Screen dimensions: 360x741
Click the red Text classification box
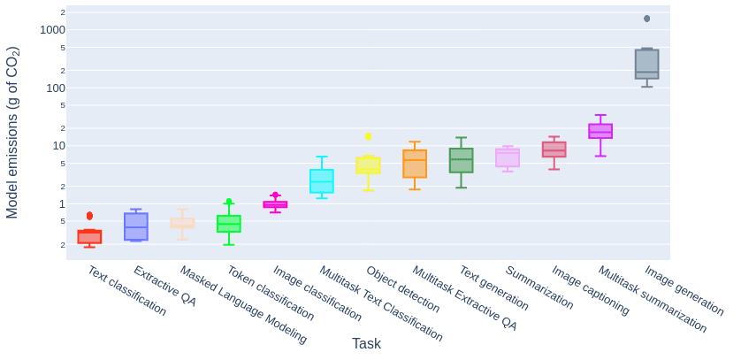click(89, 237)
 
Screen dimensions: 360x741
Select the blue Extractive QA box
click(136, 226)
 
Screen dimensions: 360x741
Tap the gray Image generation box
click(646, 65)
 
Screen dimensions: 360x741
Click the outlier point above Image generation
click(646, 19)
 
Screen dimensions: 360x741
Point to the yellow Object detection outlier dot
click(368, 136)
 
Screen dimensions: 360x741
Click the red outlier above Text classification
click(89, 216)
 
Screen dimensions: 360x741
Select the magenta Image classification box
click(275, 204)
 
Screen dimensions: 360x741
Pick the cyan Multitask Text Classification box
click(322, 181)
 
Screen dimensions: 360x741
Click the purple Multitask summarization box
click(600, 131)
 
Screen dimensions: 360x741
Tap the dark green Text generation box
click(461, 160)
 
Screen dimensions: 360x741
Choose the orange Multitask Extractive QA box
click(415, 164)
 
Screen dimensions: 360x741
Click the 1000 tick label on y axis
click(52, 30)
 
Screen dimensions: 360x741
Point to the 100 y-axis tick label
click(56, 88)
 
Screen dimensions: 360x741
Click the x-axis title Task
click(366, 344)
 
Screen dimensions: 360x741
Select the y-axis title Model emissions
click(12, 133)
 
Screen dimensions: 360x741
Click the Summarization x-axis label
click(539, 287)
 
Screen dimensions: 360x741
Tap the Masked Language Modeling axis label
click(243, 304)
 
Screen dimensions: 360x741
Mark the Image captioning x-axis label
click(591, 290)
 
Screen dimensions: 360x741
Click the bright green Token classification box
click(229, 224)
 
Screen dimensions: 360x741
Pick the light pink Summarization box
click(508, 157)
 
